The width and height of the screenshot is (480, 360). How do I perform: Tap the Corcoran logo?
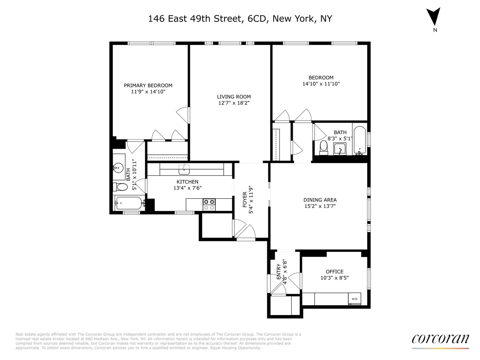(440, 339)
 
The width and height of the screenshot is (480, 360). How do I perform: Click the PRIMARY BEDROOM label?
(148, 85)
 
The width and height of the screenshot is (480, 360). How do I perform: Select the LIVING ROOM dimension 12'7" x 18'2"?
(234, 103)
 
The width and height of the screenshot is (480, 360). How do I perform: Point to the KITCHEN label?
(187, 182)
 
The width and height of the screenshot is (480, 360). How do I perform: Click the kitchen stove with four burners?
(209, 204)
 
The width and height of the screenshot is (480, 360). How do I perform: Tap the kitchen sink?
(184, 168)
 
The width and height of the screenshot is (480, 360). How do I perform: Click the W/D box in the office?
(354, 299)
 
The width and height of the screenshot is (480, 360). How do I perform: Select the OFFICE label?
(335, 271)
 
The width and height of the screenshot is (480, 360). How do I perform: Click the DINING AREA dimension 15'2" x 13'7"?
(320, 206)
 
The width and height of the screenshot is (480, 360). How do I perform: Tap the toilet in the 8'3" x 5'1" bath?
(323, 147)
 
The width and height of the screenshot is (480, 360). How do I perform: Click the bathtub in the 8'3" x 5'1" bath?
(360, 140)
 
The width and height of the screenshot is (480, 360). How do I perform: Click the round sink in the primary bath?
(117, 167)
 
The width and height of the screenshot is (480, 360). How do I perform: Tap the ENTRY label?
(279, 272)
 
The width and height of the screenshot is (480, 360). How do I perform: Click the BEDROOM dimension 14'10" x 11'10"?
(321, 84)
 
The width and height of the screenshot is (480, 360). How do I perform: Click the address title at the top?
(240, 19)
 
